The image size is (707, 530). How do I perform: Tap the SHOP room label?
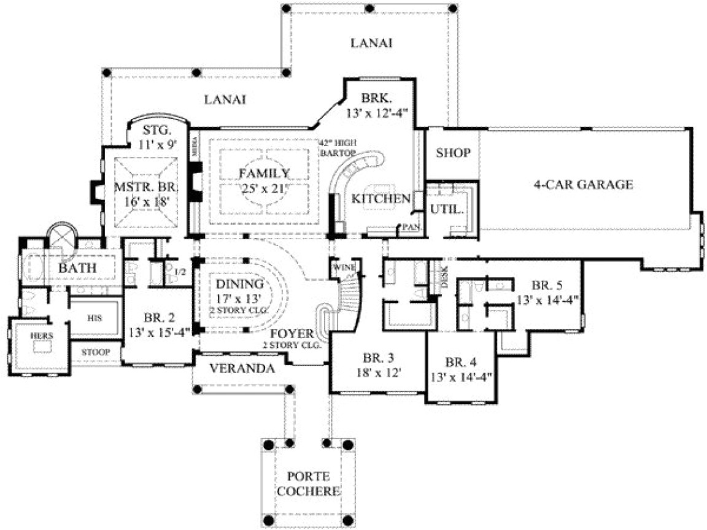[453, 153]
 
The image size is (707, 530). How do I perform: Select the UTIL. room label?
[447, 209]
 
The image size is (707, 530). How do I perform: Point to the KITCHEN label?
[381, 198]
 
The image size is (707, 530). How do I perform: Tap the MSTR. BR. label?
[142, 193]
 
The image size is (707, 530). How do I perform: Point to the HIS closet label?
[95, 318]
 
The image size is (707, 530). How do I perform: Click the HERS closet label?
[42, 336]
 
